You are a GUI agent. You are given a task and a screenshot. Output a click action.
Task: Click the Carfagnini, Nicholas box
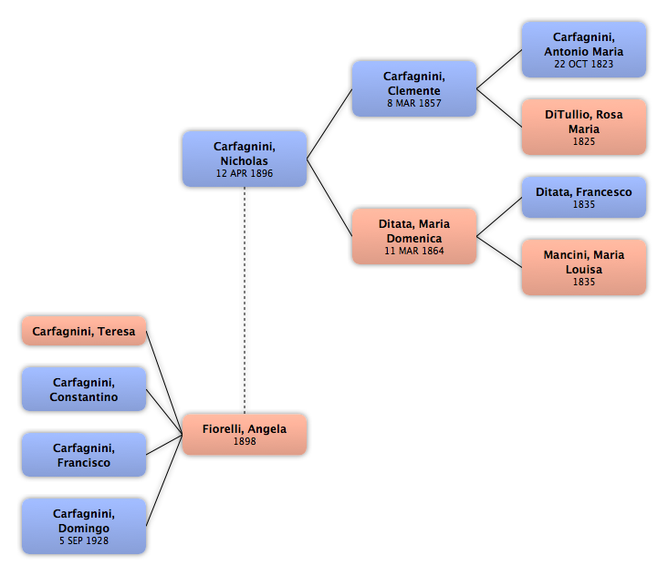coord(245,159)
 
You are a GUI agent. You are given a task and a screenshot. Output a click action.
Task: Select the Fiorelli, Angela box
coord(245,435)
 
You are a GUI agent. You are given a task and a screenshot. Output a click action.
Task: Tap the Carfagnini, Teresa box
coord(84,331)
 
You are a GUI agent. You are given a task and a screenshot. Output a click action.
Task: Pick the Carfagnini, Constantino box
coord(84,389)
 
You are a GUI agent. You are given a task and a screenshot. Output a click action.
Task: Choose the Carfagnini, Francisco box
coord(84,455)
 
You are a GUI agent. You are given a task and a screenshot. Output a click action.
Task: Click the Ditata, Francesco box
coord(584,198)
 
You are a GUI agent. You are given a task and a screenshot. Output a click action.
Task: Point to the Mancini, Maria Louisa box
coord(584,267)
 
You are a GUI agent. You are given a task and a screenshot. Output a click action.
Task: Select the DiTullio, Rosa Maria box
coord(584,127)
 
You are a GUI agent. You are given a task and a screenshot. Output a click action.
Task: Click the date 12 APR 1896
coord(245,173)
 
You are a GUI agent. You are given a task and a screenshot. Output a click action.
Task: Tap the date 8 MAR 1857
coord(414,103)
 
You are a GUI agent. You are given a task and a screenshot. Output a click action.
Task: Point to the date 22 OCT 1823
coord(584,64)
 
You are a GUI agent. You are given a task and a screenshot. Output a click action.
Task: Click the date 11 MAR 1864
coord(414,251)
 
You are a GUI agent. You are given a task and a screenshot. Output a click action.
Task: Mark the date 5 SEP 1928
coord(84,540)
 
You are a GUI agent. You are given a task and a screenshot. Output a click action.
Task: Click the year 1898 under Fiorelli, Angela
coord(245,441)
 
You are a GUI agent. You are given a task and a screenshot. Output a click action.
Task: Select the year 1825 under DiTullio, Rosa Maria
coord(584,141)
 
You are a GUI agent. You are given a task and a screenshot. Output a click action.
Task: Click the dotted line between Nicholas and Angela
coord(245,301)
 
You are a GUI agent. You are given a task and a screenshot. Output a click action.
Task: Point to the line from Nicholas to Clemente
coord(329,124)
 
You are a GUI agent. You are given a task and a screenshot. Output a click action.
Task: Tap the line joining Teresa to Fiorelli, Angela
coord(164,383)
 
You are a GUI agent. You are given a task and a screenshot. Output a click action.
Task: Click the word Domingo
coord(84,528)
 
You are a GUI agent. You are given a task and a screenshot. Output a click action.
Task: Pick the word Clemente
coord(414,90)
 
